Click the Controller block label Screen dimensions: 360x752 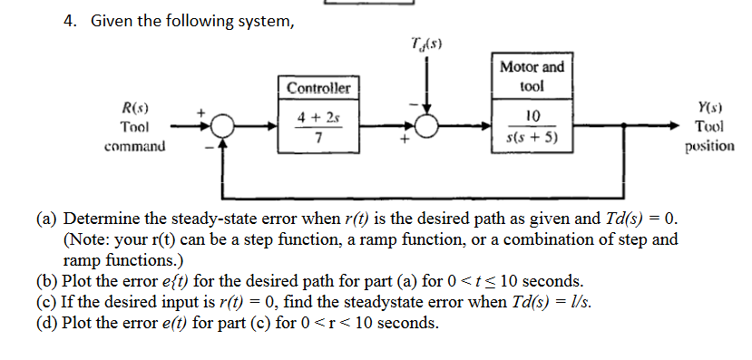[317, 88]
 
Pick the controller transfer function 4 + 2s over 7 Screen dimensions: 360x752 [317, 128]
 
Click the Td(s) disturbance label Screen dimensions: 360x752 [426, 44]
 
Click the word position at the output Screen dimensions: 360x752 [709, 145]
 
